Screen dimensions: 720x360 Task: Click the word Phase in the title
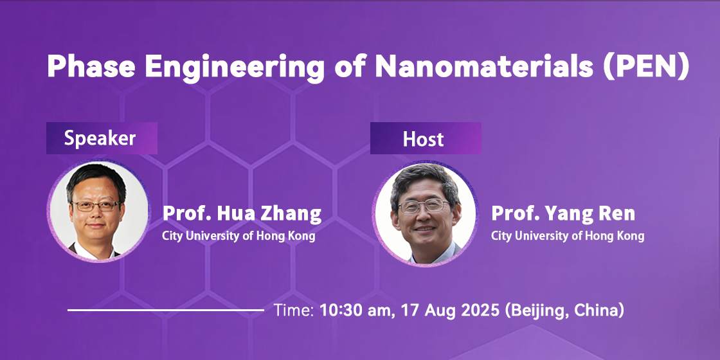pyautogui.click(x=91, y=67)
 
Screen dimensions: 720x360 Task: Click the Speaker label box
pyautogui.click(x=102, y=138)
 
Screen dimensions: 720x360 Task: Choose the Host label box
pyautogui.click(x=426, y=138)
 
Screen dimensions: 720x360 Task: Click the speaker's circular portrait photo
pyautogui.click(x=99, y=211)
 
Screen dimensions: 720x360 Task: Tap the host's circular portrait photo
pyautogui.click(x=425, y=213)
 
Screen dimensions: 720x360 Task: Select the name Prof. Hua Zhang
pyautogui.click(x=242, y=214)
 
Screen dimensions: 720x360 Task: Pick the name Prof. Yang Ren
pyautogui.click(x=563, y=214)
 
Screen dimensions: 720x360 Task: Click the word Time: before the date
pyautogui.click(x=294, y=310)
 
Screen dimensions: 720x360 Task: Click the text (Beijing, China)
pyautogui.click(x=565, y=311)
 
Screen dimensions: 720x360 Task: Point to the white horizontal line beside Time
pyautogui.click(x=166, y=310)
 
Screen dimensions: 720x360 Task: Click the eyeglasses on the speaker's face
pyautogui.click(x=96, y=206)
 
